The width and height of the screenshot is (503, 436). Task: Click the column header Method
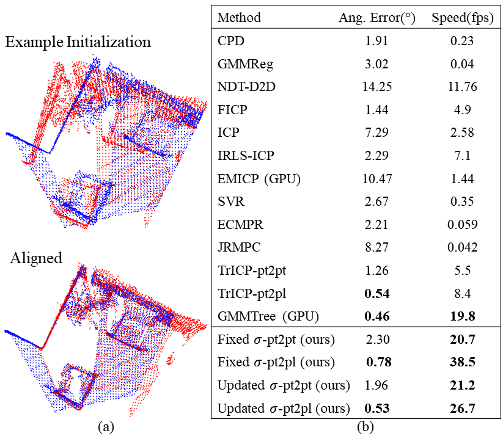[239, 18]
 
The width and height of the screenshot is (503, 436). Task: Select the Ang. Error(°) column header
[377, 18]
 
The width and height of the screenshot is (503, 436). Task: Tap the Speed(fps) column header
[462, 18]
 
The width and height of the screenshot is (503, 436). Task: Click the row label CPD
[229, 42]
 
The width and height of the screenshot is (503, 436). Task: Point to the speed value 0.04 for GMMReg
[463, 64]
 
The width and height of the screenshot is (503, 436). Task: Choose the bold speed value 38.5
[463, 362]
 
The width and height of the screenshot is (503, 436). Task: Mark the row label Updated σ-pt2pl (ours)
[284, 408]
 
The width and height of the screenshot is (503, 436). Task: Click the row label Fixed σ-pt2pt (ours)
[276, 340]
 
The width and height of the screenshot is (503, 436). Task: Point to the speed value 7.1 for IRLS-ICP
[463, 155]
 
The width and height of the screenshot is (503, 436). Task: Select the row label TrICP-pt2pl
[249, 294]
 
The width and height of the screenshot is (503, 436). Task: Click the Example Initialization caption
[78, 43]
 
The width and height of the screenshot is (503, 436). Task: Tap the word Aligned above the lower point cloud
[36, 258]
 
